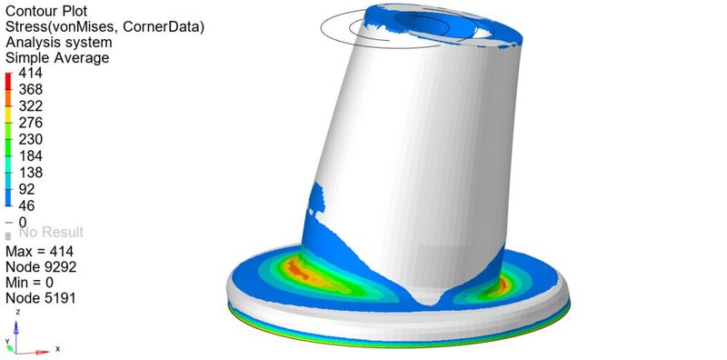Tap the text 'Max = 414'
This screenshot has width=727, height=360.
coord(39,251)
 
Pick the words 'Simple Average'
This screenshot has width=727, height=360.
coord(57,57)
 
